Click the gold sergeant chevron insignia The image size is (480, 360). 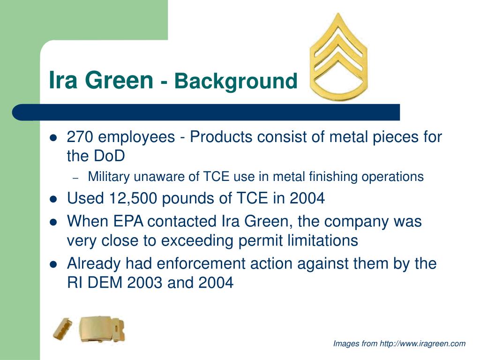tap(339, 59)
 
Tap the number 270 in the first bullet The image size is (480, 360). tap(80, 137)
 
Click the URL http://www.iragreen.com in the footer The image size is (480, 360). tap(422, 344)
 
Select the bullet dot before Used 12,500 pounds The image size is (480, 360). tap(53, 199)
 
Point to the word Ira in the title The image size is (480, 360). tap(63, 81)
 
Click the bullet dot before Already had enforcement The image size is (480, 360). tap(53, 264)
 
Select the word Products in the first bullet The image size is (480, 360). tap(220, 137)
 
